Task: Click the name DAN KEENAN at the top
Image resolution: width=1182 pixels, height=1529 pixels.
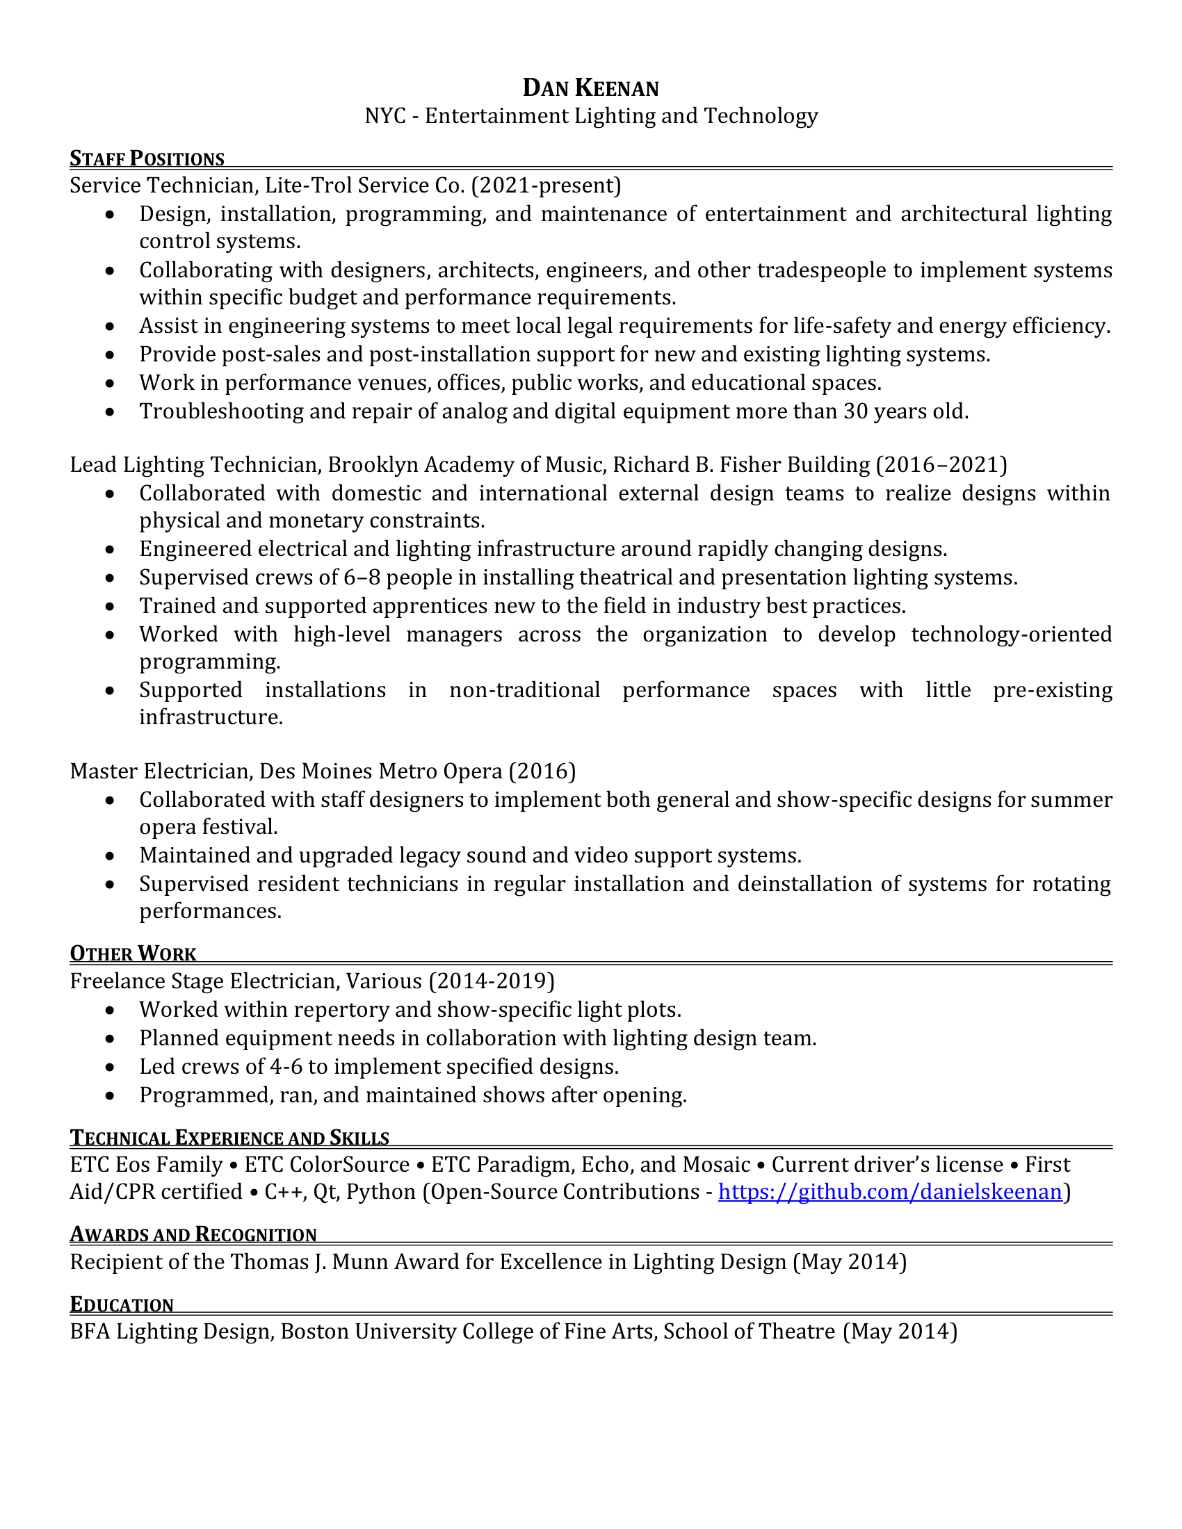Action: point(590,88)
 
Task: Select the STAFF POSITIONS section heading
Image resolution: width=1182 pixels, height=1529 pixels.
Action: point(147,159)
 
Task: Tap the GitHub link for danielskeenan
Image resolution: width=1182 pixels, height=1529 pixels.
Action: point(890,1191)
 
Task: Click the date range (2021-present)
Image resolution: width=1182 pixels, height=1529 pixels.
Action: point(547,186)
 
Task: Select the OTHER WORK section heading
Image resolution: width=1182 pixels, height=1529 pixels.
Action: point(133,954)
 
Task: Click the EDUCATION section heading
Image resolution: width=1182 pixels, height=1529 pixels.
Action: point(122,1305)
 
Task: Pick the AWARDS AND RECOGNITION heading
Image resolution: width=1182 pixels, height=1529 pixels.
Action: point(193,1234)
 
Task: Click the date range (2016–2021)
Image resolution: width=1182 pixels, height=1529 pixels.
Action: point(942,465)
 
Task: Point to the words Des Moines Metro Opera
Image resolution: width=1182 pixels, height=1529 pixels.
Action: point(381,771)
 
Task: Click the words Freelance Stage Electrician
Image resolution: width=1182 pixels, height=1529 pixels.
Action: point(195,981)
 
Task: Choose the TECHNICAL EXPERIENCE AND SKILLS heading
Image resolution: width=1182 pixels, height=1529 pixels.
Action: point(229,1138)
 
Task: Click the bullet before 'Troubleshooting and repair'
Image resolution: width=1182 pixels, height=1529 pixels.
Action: point(109,412)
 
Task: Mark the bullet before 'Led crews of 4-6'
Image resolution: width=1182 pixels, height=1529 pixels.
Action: point(109,1068)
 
